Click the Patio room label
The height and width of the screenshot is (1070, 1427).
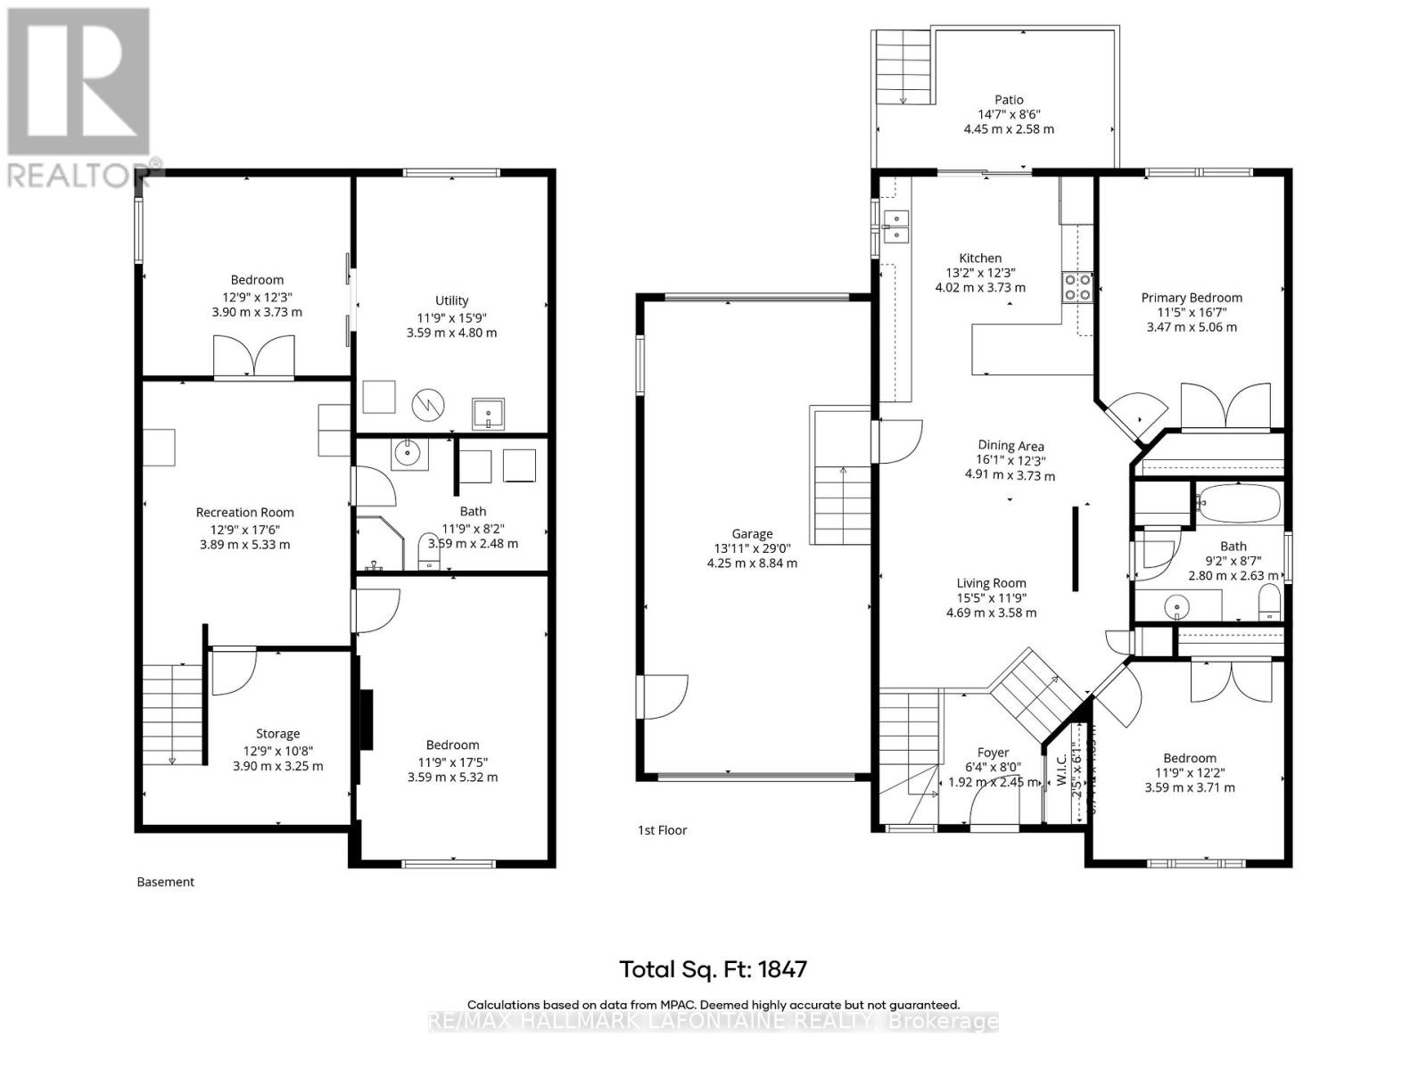[1009, 100]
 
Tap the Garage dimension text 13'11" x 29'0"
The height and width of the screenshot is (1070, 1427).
[752, 548]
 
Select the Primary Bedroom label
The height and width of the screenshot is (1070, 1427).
[1192, 298]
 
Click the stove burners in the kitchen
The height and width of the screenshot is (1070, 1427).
[1077, 287]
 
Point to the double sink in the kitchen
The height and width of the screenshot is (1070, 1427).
[895, 227]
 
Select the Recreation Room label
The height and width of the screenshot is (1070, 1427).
[244, 513]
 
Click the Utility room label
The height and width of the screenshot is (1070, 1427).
[451, 300]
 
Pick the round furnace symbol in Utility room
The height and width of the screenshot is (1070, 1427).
[427, 406]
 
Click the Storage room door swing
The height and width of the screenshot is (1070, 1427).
[235, 671]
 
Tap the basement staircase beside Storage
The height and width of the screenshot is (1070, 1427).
[173, 714]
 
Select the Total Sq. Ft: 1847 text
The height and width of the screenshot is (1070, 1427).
[713, 969]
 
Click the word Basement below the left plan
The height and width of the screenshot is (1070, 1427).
[165, 882]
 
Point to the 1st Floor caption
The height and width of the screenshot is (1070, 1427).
[662, 830]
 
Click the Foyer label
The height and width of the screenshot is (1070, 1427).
[993, 753]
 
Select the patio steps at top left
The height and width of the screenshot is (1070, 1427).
[903, 67]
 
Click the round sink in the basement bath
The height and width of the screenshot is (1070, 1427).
[408, 454]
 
